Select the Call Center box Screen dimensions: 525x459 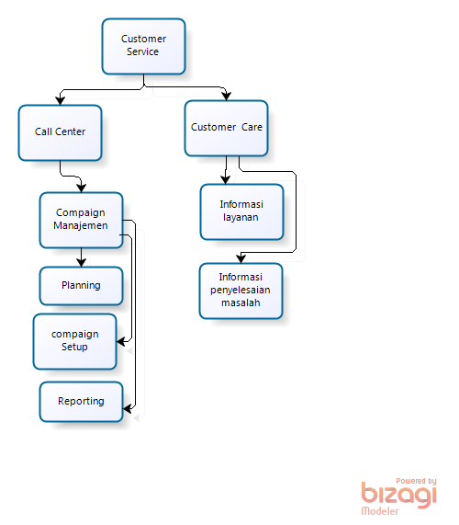60,132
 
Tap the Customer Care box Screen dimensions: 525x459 227,127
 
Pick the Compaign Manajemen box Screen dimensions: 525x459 81,220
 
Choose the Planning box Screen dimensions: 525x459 81,286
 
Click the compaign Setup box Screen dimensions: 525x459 74,340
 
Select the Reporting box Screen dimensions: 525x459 81,402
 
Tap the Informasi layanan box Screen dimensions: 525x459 241,211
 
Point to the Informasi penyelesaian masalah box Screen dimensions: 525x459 241,291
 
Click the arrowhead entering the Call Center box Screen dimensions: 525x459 60,99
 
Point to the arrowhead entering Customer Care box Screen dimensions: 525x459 227,94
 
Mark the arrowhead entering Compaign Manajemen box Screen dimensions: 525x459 82,187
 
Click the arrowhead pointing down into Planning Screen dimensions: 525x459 81,262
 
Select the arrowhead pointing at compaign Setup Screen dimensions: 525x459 120,340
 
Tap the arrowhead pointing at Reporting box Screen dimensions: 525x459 128,409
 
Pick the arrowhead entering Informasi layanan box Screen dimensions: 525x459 227,178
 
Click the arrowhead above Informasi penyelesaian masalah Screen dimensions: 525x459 241,258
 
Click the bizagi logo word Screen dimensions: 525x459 398,495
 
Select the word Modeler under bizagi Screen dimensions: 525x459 380,511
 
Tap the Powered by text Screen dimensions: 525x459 416,480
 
